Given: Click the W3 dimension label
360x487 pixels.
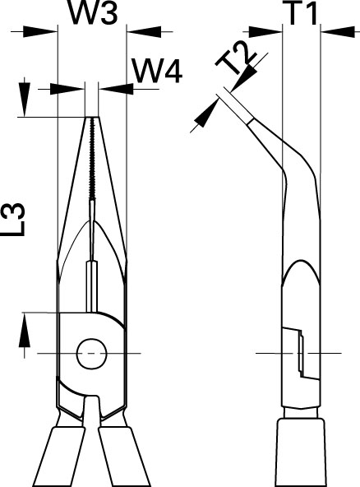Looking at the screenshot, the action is coord(93,12).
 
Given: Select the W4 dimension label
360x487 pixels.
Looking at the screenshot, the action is coord(157,72).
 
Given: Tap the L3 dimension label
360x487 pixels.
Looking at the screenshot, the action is coord(15,220).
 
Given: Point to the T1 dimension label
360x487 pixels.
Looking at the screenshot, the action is coord(302,13).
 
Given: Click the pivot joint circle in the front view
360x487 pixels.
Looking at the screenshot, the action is coord(92,354).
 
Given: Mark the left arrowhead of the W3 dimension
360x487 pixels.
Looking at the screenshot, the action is coord(40,31).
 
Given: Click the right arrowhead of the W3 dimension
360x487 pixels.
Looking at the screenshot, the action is coord(145,31).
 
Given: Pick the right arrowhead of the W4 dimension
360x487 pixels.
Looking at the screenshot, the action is coord(116,89).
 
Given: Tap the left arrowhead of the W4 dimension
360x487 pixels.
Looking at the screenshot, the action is coord(67,89).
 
